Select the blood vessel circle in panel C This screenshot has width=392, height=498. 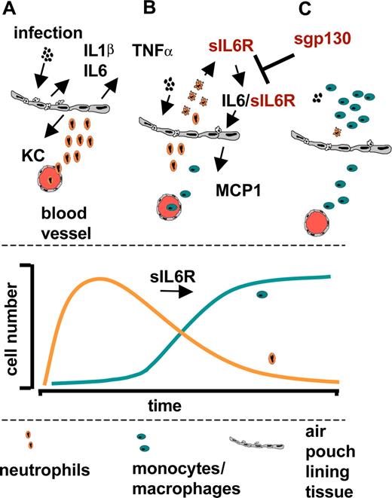pos(320,223)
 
